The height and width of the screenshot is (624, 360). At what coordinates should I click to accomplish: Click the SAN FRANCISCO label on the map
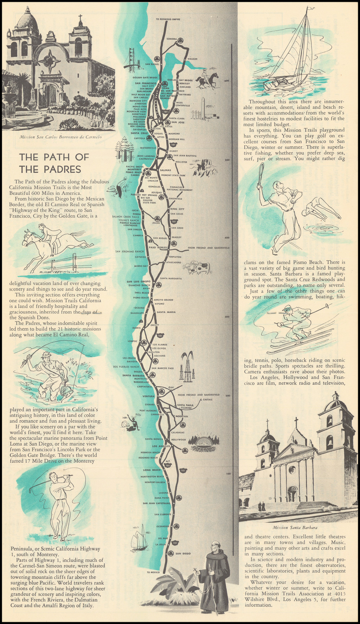144,83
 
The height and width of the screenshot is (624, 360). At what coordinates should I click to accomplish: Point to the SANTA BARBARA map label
131,375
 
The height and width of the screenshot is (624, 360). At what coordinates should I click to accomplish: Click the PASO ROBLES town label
157,247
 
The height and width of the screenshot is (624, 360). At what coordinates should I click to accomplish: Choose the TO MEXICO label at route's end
153,572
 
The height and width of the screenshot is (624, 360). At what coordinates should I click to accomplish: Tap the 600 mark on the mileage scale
227,81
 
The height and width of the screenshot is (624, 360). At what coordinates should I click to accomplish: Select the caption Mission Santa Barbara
295,527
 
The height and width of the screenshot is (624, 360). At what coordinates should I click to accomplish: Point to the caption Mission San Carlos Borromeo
61,137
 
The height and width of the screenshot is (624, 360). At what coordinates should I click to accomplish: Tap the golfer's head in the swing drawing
53,477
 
